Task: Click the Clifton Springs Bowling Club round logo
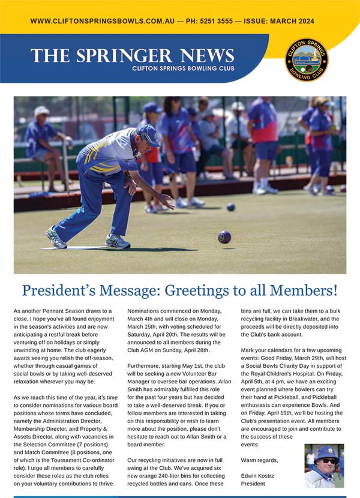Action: pos(307,60)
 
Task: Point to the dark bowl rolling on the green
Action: pos(224,236)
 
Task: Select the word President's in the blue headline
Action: pos(61,291)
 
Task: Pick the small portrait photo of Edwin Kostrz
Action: pos(324,465)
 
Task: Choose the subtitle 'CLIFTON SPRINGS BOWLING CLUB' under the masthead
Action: pos(183,68)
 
